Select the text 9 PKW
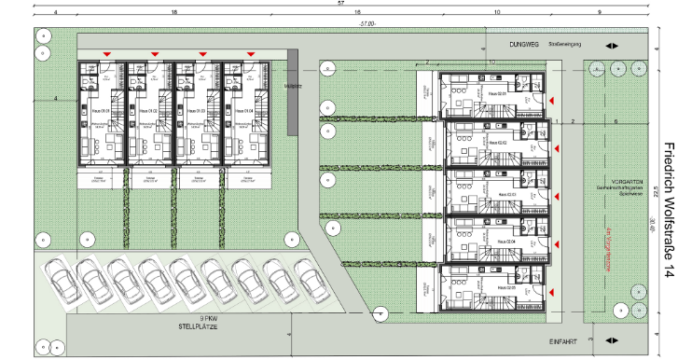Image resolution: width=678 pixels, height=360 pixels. pyautogui.click(x=189, y=319)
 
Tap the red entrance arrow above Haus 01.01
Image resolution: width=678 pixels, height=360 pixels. pyautogui.click(x=107, y=55)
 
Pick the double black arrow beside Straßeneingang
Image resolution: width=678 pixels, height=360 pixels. pyautogui.click(x=610, y=45)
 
